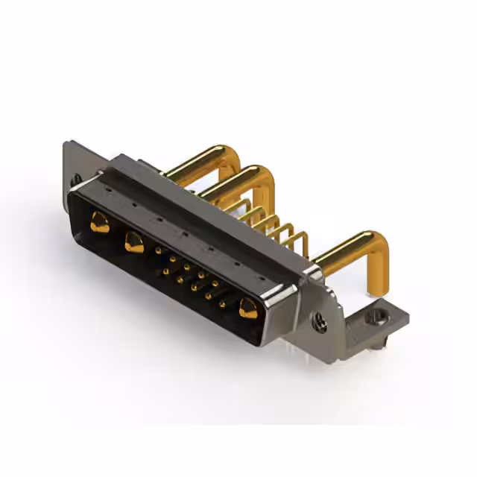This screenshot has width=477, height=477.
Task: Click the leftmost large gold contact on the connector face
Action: (98, 221)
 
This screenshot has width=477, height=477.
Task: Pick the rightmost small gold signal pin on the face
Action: (222, 303)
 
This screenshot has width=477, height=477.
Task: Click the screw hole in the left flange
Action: (75, 179)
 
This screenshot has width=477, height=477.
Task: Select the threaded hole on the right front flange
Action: (320, 322)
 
